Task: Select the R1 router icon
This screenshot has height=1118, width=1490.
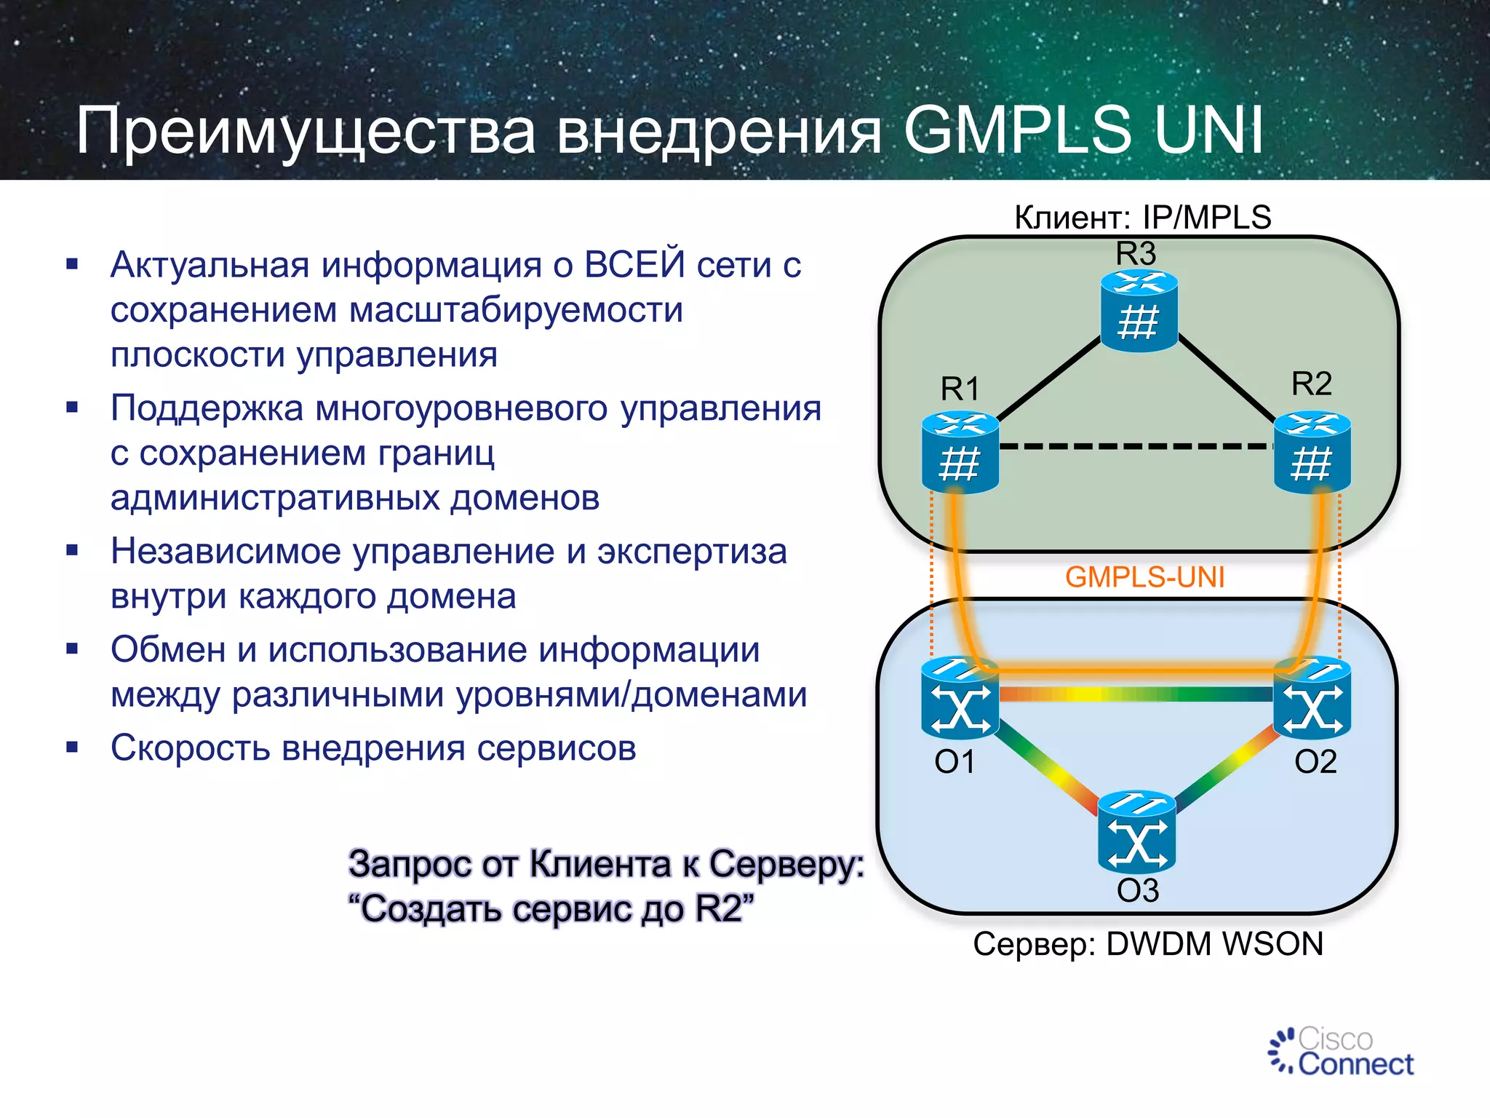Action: pos(960,453)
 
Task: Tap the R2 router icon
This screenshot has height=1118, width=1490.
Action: pos(1312,453)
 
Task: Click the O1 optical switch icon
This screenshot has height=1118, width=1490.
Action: pos(960,699)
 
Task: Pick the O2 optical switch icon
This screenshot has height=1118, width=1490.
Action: pos(1312,699)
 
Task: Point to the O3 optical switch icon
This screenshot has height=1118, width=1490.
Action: pos(1136,833)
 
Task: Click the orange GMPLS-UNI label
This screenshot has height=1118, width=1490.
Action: pos(1144,577)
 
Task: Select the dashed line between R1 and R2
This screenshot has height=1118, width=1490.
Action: pos(1135,446)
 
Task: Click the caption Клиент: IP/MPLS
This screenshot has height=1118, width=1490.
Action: pos(1142,218)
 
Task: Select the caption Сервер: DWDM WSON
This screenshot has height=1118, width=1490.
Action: pos(1147,945)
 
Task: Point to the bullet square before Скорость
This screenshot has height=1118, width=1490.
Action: pos(72,748)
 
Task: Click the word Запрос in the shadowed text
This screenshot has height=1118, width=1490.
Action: pos(410,865)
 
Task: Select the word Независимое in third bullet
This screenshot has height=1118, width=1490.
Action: pos(226,551)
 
